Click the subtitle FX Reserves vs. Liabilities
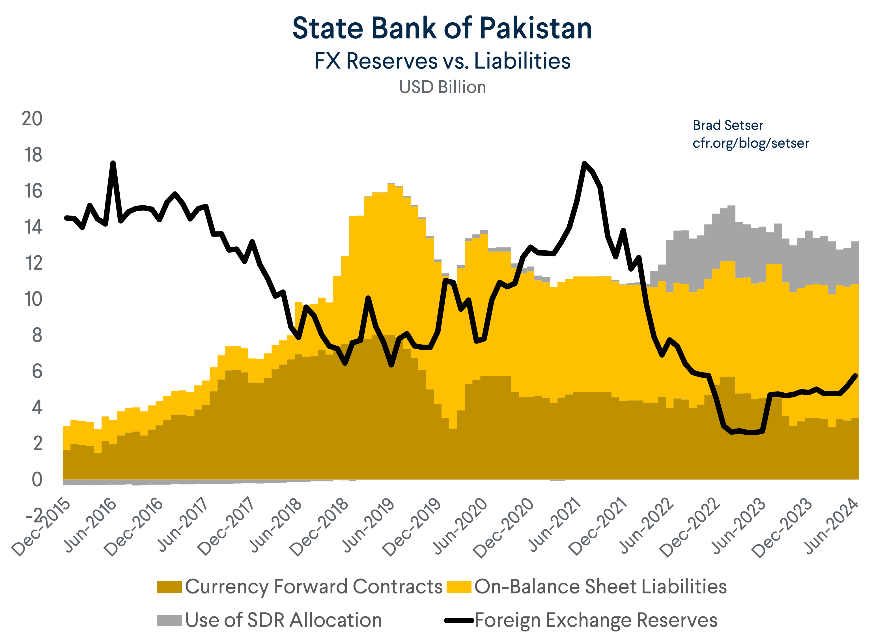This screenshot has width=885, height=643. [x=442, y=61]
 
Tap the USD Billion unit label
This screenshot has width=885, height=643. [x=442, y=87]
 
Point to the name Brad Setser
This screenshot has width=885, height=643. [x=728, y=125]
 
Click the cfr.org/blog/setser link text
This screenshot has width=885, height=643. [x=750, y=143]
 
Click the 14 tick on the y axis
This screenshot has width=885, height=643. [x=33, y=227]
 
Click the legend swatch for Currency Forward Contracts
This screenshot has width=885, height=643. [x=169, y=586]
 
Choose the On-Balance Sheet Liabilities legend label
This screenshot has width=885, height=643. [x=600, y=586]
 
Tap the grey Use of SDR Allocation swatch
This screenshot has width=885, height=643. [x=169, y=620]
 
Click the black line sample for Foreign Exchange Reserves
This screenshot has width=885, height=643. [x=459, y=620]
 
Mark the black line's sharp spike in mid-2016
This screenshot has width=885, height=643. [x=113, y=163]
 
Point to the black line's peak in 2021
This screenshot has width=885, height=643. [x=584, y=164]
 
